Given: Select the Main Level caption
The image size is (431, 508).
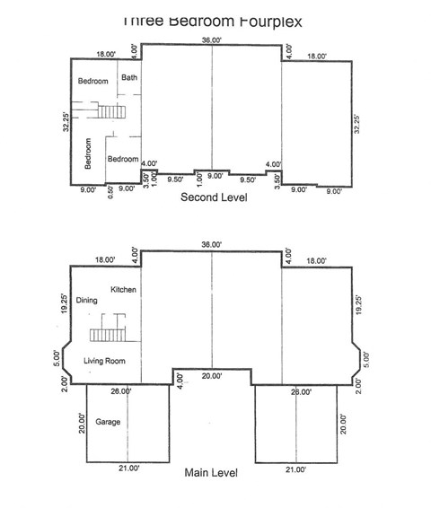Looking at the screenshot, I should click(214, 470).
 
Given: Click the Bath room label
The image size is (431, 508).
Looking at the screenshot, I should click(130, 77).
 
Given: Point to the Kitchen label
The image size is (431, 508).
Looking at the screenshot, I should click(122, 290).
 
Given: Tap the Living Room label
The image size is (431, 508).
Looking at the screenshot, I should click(105, 361).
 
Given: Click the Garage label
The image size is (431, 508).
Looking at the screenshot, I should click(109, 422).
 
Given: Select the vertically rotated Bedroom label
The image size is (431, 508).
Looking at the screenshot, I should click(88, 153).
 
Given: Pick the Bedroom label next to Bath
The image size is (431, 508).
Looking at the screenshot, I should click(92, 82).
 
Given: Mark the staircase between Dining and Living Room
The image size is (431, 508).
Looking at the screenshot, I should click(106, 330).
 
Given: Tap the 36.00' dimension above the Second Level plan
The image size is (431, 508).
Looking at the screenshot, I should click(212, 39).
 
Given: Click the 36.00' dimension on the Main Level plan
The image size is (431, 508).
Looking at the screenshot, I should click(212, 243).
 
